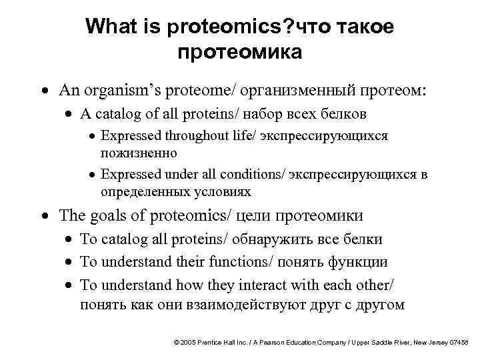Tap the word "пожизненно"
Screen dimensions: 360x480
(x=139, y=153)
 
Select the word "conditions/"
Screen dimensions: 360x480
(x=258, y=175)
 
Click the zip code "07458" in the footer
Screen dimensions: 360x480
(x=459, y=342)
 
